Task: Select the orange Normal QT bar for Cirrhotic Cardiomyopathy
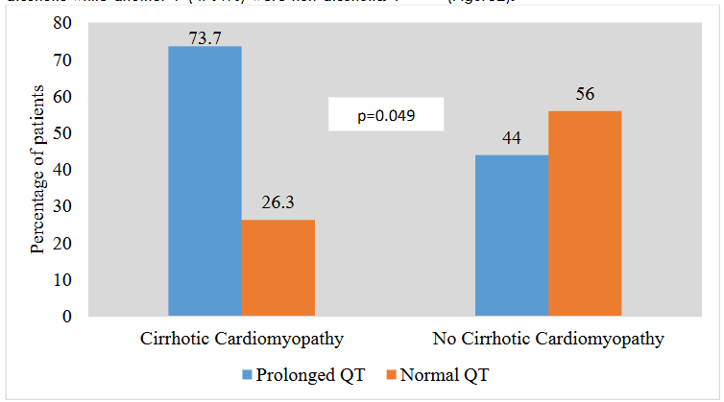tap(278, 267)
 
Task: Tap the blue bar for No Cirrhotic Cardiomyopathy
tap(512, 235)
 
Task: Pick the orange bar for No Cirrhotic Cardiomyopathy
tap(585, 213)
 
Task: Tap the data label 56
tap(585, 95)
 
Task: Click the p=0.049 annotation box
tap(386, 115)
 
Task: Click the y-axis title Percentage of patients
tap(37, 170)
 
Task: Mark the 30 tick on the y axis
tap(66, 206)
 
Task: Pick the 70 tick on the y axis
tap(66, 60)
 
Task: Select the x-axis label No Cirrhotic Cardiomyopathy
tap(548, 340)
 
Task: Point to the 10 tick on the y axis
tap(66, 279)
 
